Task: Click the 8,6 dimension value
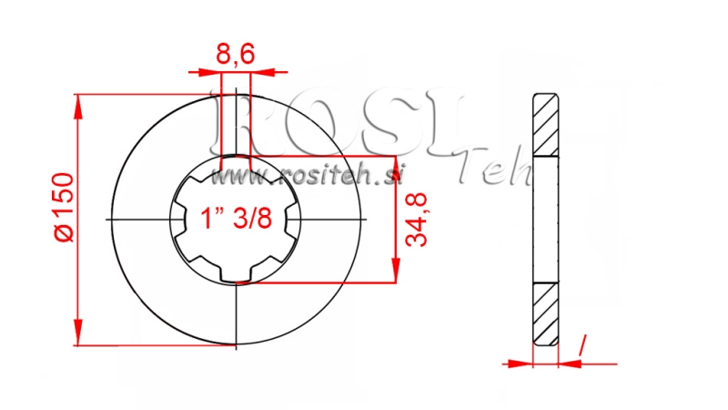pyautogui.click(x=235, y=56)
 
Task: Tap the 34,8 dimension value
pyautogui.click(x=418, y=220)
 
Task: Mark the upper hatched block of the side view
pyautogui.click(x=544, y=125)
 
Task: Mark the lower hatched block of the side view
pyautogui.click(x=544, y=313)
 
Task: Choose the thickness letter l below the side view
pyautogui.click(x=581, y=343)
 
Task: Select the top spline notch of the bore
pyautogui.click(x=236, y=162)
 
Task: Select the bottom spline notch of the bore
pyautogui.click(x=236, y=277)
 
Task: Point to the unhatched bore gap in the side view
pyautogui.click(x=544, y=220)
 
